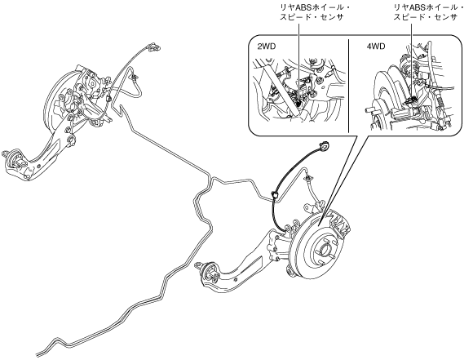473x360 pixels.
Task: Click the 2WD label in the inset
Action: (267, 47)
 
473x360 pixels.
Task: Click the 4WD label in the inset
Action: (376, 47)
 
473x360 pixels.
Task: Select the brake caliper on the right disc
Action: (340, 224)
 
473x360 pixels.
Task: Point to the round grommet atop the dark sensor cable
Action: (325, 146)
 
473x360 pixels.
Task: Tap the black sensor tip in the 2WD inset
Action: (299, 104)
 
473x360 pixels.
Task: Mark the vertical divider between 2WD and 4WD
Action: (348, 86)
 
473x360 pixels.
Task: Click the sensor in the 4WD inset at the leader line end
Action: (411, 100)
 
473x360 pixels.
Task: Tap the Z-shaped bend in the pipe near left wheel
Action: (122, 111)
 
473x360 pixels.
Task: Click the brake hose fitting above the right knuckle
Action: (309, 179)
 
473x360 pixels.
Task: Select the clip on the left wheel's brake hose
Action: (134, 77)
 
